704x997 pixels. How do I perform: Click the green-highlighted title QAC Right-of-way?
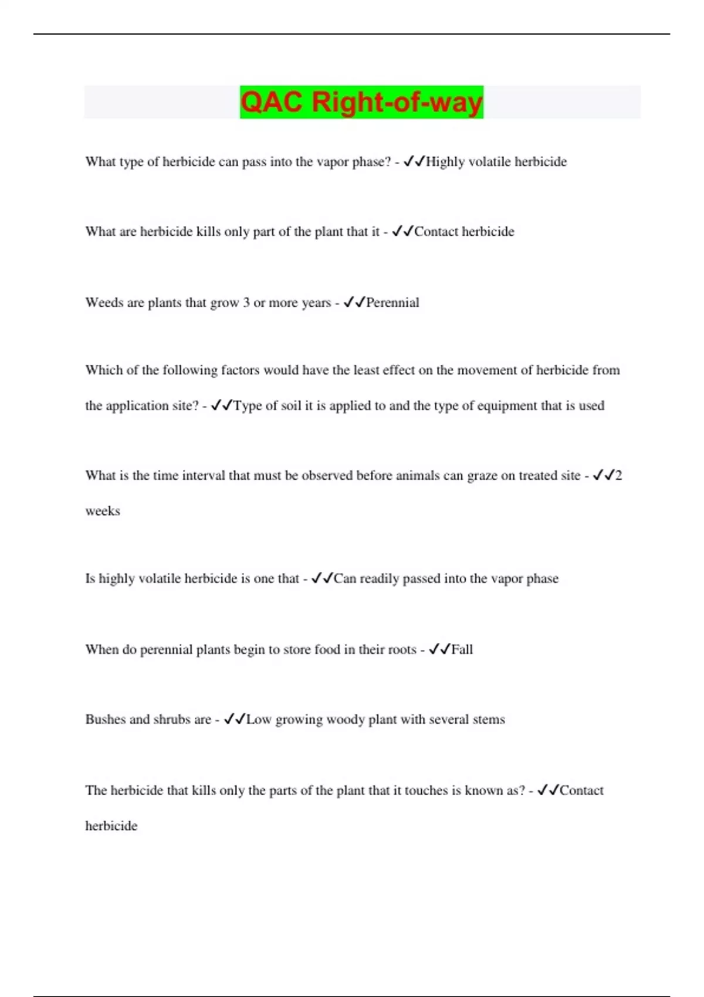tap(361, 102)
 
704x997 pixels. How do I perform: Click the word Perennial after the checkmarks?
tap(392, 303)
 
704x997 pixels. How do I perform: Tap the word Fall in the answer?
tap(462, 649)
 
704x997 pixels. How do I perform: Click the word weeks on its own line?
tap(103, 511)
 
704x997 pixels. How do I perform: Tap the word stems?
tap(489, 720)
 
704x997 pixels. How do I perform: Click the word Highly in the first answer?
tap(445, 162)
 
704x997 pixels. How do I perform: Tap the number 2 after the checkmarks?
tap(618, 476)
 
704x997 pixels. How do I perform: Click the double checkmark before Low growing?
tap(235, 720)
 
